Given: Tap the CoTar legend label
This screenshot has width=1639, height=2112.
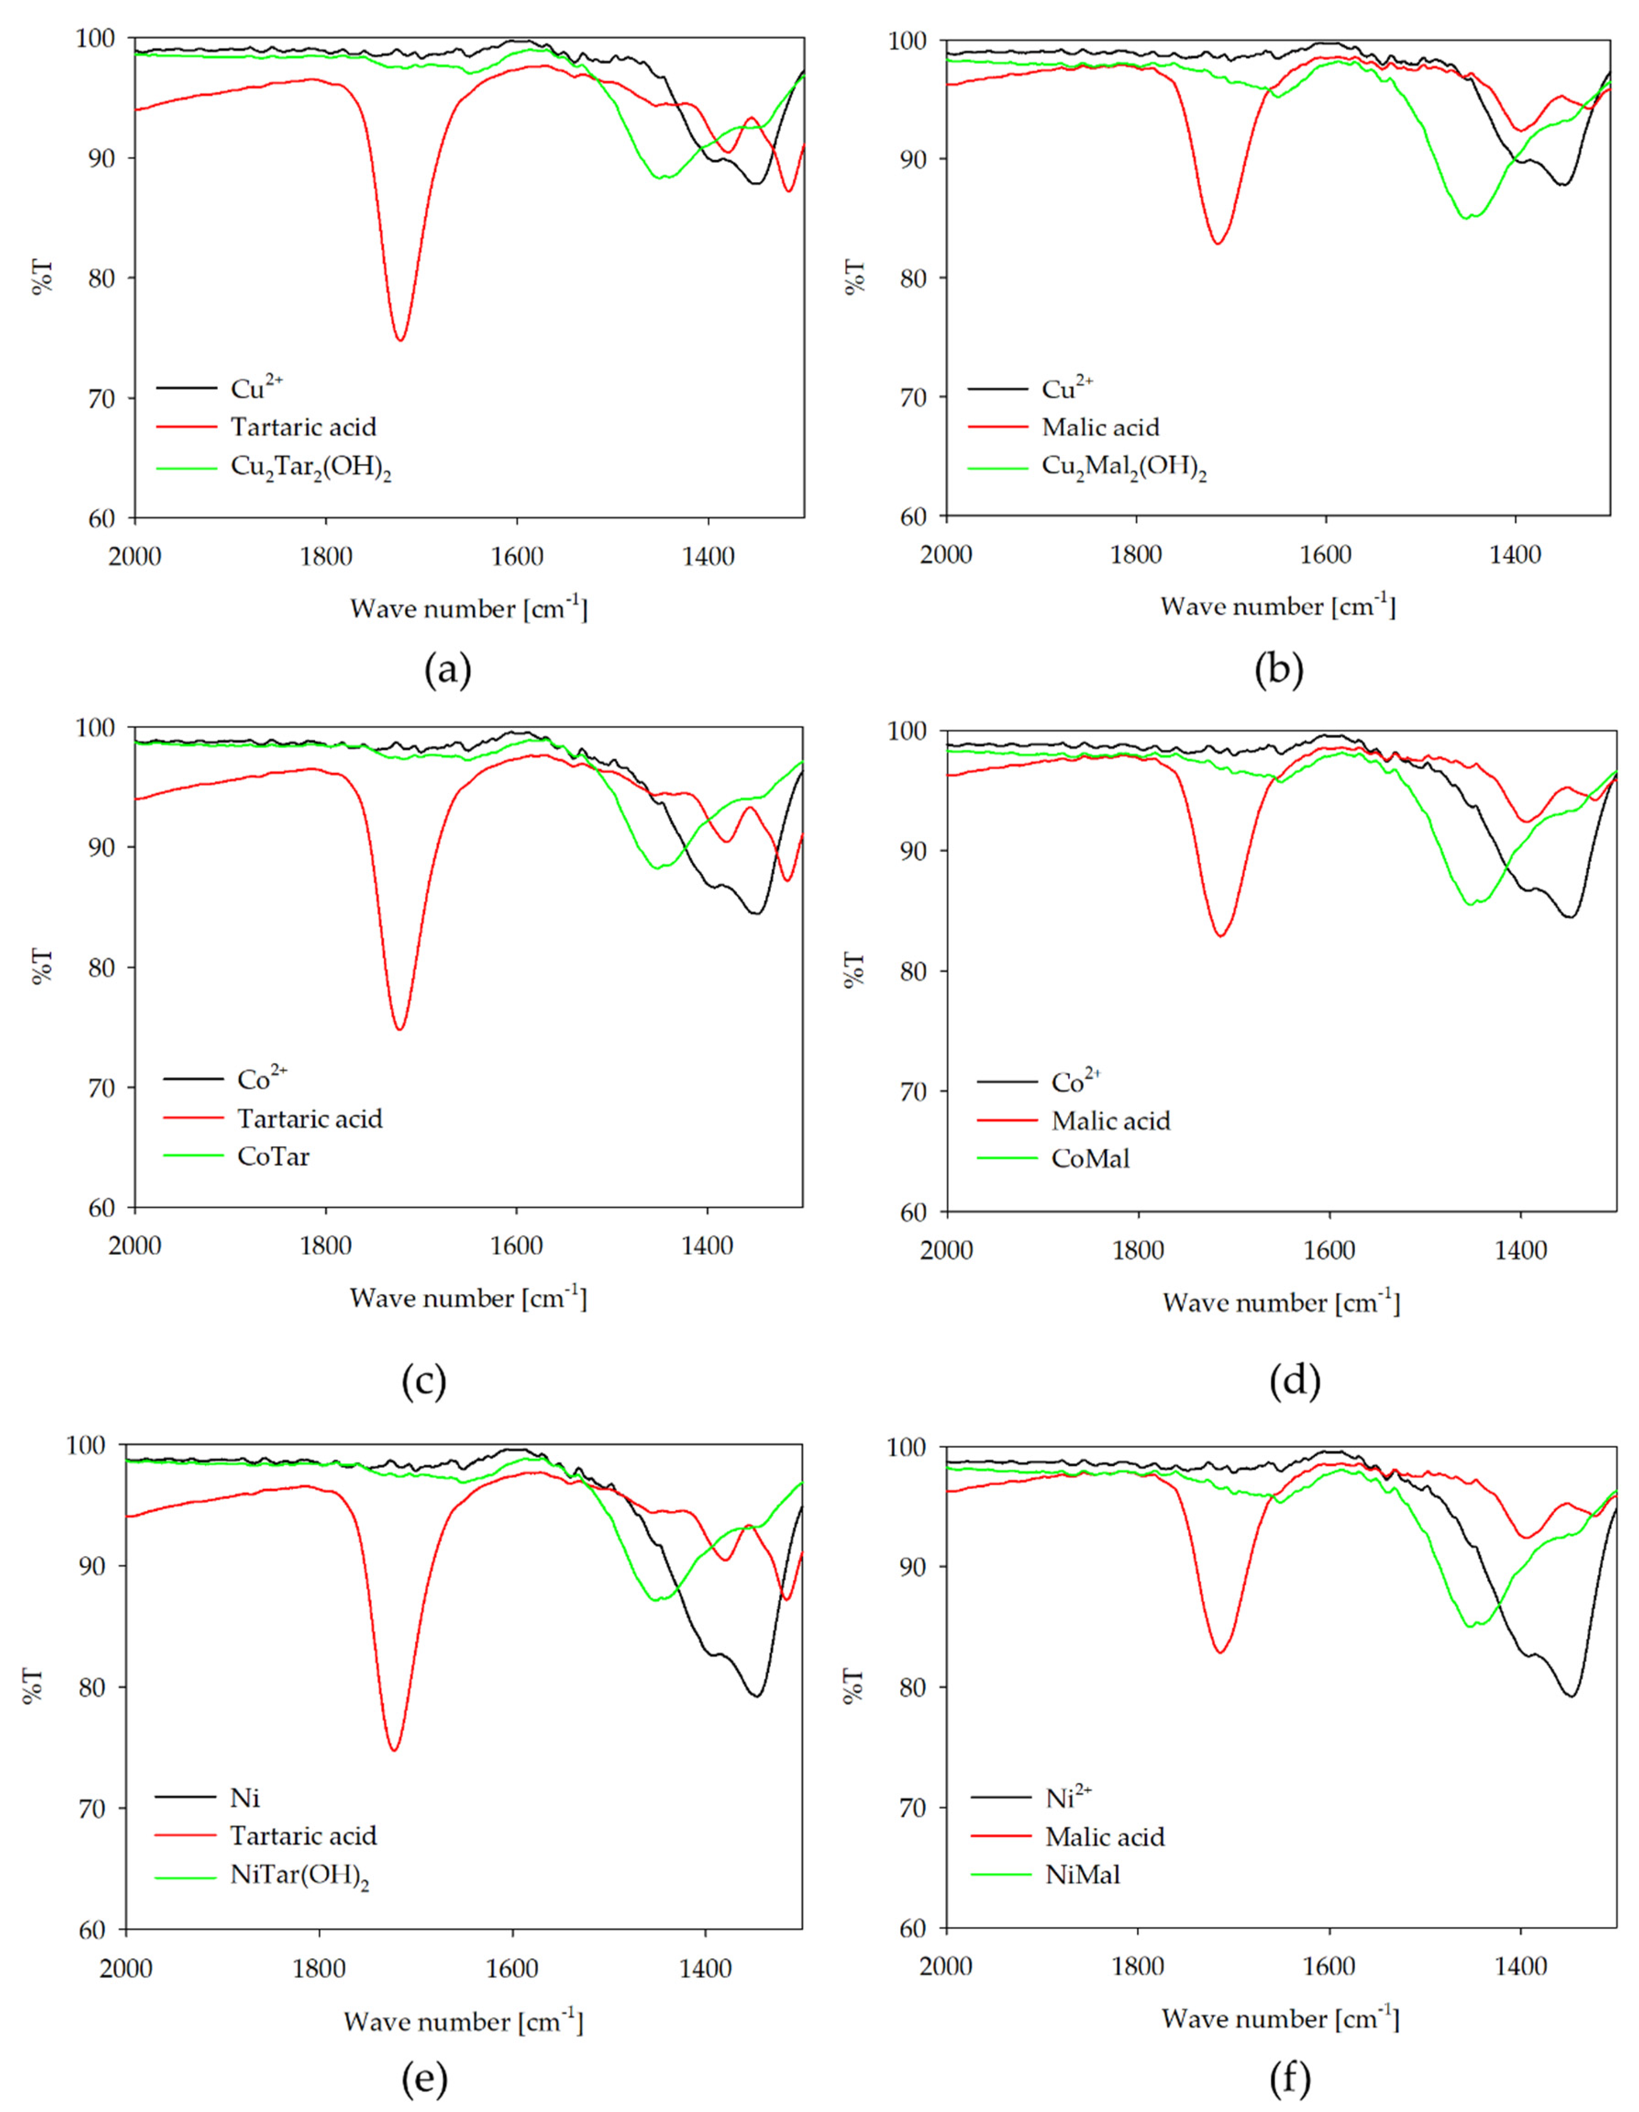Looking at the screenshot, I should pos(274,1156).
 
